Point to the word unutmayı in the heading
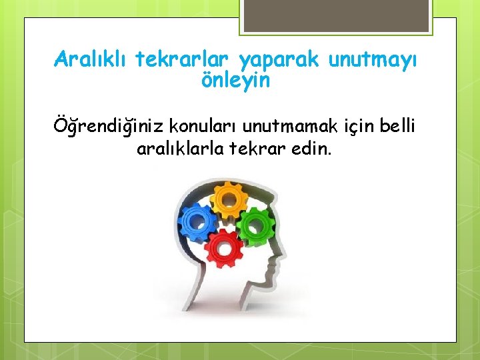[x=374, y=61]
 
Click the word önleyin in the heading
[x=235, y=81]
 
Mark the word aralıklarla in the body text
[x=179, y=148]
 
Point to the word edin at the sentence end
[x=313, y=148]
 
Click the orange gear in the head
[x=229, y=198]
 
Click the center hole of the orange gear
[x=229, y=198]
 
